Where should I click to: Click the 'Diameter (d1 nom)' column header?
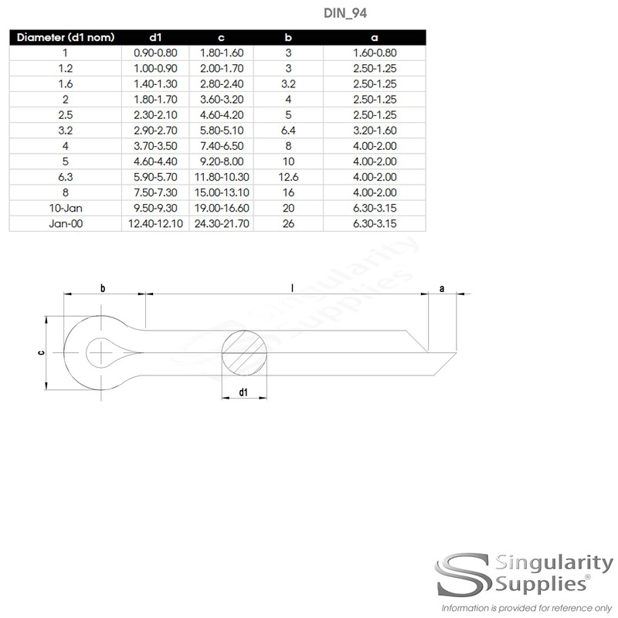66,37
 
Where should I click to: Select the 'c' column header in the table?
221,37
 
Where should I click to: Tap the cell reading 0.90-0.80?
155,53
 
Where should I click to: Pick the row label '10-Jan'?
66,208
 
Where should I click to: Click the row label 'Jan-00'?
66,223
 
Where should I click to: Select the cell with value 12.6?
287,177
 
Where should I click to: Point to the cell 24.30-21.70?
221,223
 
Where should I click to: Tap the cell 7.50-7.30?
155,192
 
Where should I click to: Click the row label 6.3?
66,177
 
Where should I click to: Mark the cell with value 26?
287,223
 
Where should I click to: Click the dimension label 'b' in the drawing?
103,288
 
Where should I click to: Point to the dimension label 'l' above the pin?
292,287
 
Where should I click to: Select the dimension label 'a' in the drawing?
441,288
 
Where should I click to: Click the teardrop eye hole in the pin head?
108,353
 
